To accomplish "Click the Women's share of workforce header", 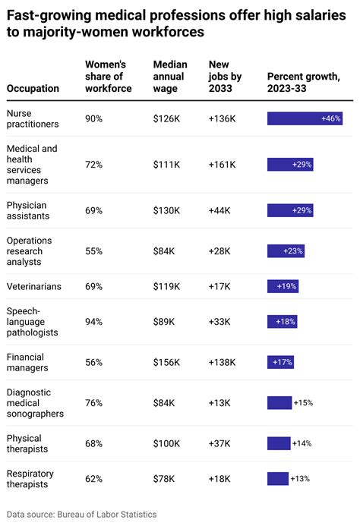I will [x=108, y=76].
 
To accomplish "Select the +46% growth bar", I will [x=305, y=119].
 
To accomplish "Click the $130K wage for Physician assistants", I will [x=166, y=210].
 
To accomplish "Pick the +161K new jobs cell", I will [x=222, y=165].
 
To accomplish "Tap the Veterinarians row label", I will [x=35, y=286].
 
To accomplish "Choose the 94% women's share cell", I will [x=94, y=322].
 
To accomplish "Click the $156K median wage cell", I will [x=166, y=363].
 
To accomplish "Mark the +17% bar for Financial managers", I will [x=280, y=363].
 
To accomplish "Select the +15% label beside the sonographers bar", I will [x=303, y=403].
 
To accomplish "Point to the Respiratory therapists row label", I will [x=31, y=478].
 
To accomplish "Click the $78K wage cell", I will [x=164, y=479].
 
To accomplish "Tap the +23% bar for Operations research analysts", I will [x=286, y=250].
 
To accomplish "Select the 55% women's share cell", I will [x=94, y=250].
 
